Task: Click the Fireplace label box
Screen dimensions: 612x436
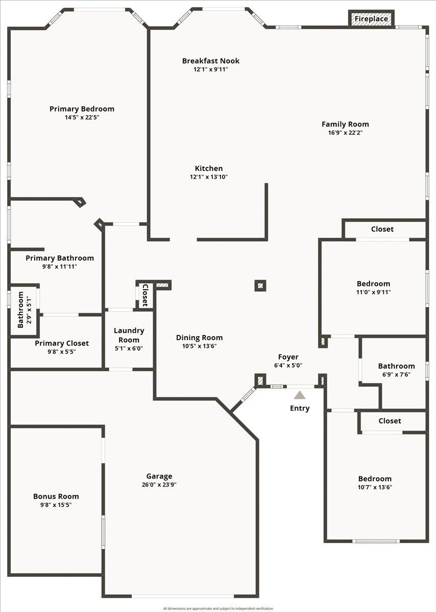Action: tap(371, 19)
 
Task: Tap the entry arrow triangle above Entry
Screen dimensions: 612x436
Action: tap(300, 395)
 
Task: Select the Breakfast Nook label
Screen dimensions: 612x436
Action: tap(210, 61)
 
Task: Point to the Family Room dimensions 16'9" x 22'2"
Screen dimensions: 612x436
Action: tap(345, 133)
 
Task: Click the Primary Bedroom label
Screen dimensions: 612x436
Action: tap(82, 109)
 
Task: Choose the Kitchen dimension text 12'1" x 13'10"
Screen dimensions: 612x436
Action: tap(208, 177)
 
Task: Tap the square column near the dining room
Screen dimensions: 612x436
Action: tap(260, 286)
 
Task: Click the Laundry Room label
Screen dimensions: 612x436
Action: tap(129, 335)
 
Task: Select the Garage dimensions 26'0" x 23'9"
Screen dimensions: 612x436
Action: tap(160, 485)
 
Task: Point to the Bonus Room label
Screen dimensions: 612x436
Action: tap(56, 496)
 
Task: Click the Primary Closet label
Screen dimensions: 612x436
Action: tap(62, 343)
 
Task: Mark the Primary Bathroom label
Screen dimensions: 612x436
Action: tap(60, 258)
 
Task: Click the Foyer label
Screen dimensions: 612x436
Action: tap(288, 357)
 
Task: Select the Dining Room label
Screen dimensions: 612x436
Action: tap(199, 337)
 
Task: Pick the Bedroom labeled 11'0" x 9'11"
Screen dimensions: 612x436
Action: tap(373, 284)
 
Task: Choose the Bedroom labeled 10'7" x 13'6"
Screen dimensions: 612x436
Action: tap(375, 478)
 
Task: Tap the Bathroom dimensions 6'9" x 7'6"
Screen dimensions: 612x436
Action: tap(396, 374)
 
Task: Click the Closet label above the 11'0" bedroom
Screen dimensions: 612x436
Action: tap(382, 229)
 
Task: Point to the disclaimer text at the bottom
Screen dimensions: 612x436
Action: tap(218, 608)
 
